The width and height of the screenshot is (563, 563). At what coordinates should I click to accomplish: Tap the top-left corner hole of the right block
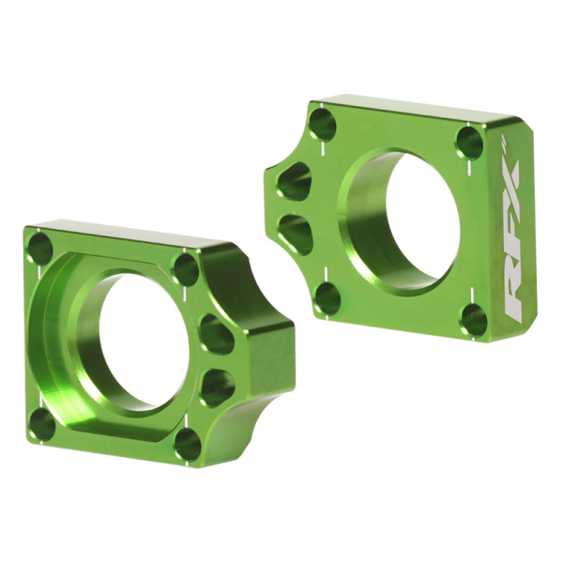[322, 123]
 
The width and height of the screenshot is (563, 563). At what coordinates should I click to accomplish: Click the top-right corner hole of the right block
[468, 143]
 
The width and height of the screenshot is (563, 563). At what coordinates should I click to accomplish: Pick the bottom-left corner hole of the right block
[327, 298]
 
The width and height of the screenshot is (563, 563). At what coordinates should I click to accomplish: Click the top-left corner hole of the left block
[40, 249]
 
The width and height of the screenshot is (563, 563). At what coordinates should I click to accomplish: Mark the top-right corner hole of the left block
[186, 269]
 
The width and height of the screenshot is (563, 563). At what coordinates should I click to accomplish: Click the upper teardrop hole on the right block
[295, 180]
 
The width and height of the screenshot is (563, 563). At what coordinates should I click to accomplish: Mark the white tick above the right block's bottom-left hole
[326, 271]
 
